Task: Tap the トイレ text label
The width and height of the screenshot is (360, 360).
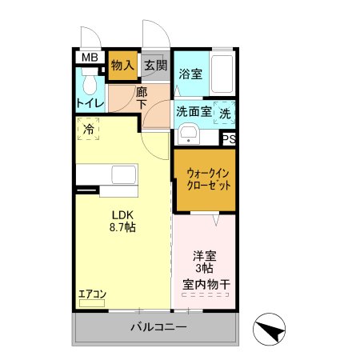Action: pos(89,103)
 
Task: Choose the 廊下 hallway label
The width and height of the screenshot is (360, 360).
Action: pos(142,98)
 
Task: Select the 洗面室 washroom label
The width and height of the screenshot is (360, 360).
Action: pos(194,112)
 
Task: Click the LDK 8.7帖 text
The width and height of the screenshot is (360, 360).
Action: pos(122,222)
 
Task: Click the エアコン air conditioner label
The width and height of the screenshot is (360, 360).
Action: pos(93,294)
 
